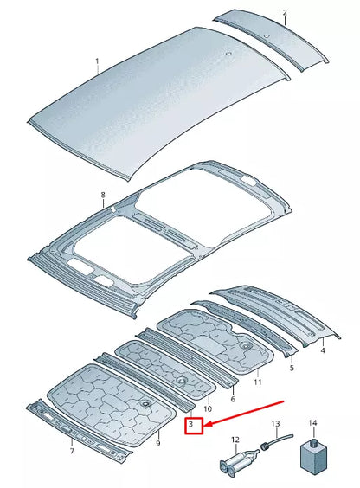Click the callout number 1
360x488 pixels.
[98, 61]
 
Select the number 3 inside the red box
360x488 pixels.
[194, 426]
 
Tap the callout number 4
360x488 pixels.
[322, 350]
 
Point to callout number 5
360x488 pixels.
[292, 367]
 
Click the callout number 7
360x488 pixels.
[71, 450]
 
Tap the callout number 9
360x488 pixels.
[157, 443]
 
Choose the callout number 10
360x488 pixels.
[208, 408]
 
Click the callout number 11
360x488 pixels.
[257, 381]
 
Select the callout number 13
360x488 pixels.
[276, 423]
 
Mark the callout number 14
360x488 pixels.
[313, 423]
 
